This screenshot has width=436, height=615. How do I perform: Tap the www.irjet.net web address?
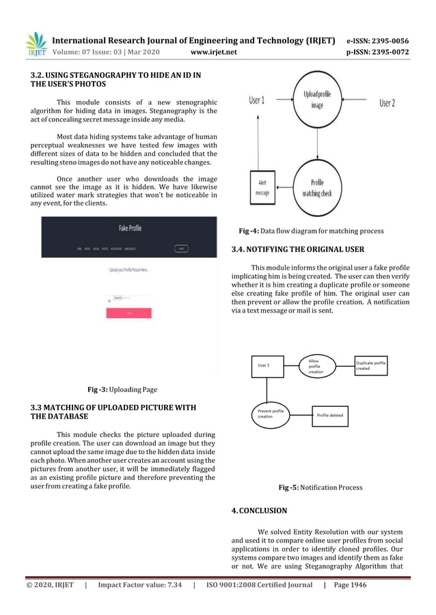pos(215,52)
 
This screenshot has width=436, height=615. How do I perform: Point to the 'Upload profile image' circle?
pos(317,101)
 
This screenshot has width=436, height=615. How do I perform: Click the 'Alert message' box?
pos(262,187)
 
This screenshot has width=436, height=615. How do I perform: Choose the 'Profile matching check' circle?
pos(317,188)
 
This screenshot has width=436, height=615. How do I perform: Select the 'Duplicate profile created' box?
pos(370,365)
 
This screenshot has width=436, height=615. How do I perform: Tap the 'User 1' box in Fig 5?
pos(267,365)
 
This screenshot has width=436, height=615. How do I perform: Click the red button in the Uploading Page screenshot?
pos(128,313)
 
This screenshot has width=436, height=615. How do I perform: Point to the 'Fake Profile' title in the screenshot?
pos(130,228)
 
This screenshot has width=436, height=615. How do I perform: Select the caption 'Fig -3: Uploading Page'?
pos(122,390)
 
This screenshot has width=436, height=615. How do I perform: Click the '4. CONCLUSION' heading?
pos(259,510)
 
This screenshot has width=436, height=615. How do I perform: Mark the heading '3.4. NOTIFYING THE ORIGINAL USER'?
pos(297,250)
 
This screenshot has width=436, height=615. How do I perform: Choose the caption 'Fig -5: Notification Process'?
pos(321,487)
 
